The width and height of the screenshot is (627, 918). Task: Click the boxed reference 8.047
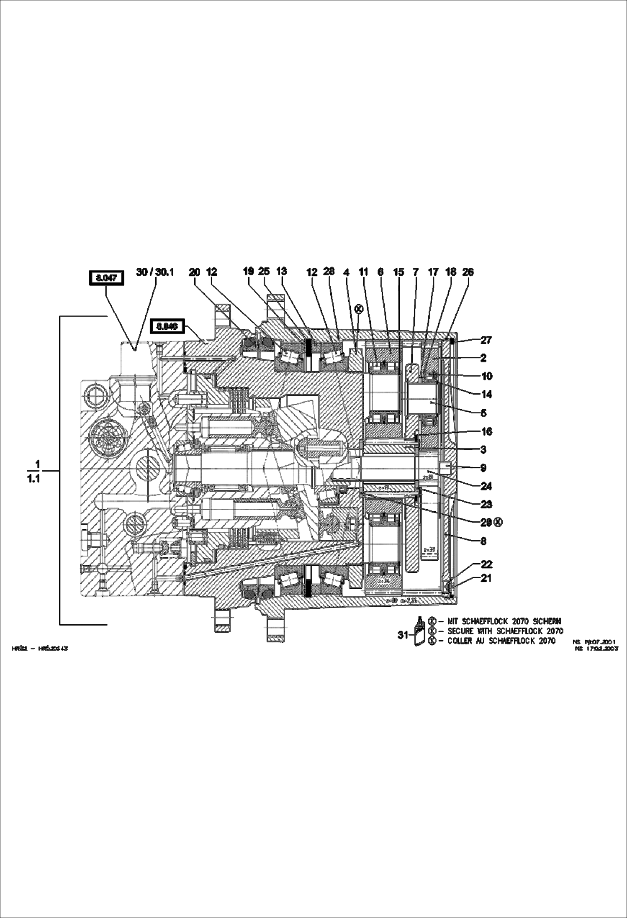pyautogui.click(x=106, y=278)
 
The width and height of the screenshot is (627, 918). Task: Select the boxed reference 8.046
pyautogui.click(x=167, y=326)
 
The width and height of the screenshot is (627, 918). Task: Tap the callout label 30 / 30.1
pyautogui.click(x=155, y=272)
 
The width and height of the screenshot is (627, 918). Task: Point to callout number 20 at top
pyautogui.click(x=195, y=272)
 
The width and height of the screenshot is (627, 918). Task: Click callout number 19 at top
pyautogui.click(x=249, y=271)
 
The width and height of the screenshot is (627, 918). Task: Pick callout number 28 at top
pyautogui.click(x=329, y=271)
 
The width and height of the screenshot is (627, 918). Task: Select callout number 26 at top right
pyautogui.click(x=468, y=272)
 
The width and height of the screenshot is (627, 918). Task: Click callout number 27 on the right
pyautogui.click(x=486, y=340)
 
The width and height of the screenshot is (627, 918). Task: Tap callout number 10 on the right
pyautogui.click(x=486, y=376)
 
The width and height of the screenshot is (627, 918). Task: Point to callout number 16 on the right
pyautogui.click(x=486, y=431)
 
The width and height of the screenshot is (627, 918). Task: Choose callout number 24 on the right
pyautogui.click(x=486, y=486)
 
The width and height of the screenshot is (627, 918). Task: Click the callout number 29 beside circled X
pyautogui.click(x=486, y=522)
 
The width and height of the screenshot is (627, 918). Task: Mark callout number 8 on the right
pyautogui.click(x=483, y=541)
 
